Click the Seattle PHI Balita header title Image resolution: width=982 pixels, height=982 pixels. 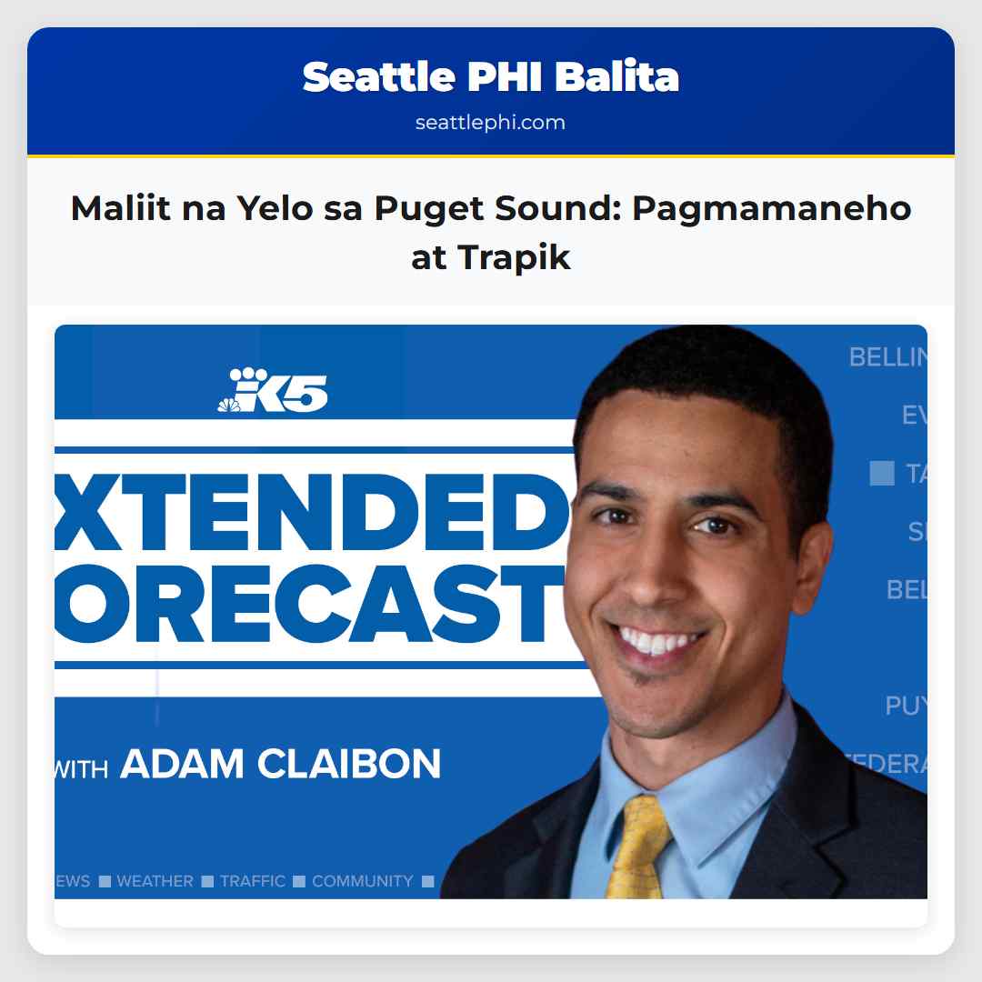click(x=490, y=77)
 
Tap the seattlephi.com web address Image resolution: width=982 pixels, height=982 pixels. click(x=490, y=122)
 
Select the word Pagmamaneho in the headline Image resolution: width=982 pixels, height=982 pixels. click(x=771, y=209)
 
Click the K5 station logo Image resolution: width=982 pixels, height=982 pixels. click(x=272, y=391)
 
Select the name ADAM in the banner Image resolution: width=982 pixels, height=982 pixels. click(x=182, y=764)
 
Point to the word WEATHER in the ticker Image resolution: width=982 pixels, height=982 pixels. click(x=155, y=881)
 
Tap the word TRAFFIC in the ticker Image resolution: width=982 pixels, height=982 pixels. click(x=253, y=881)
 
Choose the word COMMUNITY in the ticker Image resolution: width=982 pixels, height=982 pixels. click(x=362, y=881)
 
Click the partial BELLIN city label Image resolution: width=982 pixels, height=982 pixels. click(x=887, y=357)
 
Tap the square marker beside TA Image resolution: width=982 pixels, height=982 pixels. click(x=882, y=473)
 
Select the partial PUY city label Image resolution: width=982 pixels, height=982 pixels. click(x=906, y=706)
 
